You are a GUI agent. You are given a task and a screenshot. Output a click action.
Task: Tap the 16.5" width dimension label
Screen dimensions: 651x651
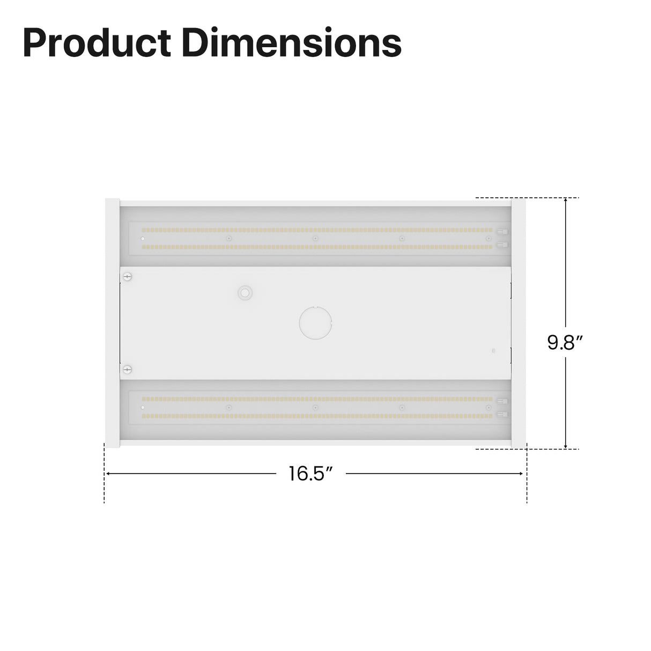311,474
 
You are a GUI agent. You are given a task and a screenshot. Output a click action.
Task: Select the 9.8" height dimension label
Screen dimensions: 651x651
565,342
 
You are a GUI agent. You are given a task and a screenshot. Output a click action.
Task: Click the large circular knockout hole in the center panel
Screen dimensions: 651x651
315,323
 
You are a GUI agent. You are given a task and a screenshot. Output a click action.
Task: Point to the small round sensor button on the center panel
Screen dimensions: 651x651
245,292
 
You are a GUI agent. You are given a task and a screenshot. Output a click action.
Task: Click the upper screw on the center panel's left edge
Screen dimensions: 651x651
127,277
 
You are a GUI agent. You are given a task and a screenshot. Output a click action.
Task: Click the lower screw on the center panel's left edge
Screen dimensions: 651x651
127,369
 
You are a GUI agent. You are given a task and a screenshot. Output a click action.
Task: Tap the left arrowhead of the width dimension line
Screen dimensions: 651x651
108,474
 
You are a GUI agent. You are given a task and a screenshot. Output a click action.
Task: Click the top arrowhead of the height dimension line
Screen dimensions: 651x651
566,201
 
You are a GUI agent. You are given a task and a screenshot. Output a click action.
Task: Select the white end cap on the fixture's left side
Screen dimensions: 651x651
112,323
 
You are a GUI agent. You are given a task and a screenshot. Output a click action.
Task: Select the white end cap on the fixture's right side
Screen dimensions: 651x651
519,323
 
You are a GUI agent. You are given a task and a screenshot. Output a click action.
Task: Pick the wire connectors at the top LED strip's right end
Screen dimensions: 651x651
502,238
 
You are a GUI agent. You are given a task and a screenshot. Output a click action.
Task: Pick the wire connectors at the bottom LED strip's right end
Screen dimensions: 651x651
502,408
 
